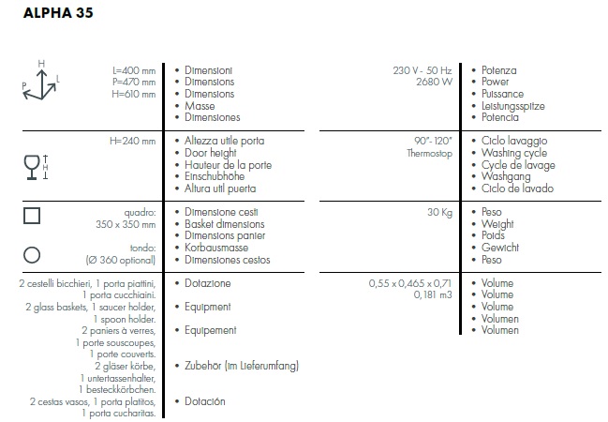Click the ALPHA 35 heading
tap(58, 13)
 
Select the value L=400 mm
tap(134, 70)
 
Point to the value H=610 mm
tap(134, 94)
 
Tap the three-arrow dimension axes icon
tap(40, 81)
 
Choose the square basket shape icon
tap(32, 216)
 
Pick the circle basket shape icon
tap(32, 255)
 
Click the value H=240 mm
tap(133, 141)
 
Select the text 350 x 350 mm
tap(126, 224)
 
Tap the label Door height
tap(211, 153)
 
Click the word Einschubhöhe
tap(215, 176)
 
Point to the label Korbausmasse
tap(216, 248)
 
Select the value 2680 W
tap(435, 82)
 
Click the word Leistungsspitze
tap(513, 106)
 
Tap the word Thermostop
tap(430, 154)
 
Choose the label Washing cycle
tap(514, 153)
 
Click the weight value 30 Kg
tap(439, 212)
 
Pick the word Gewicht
tap(500, 248)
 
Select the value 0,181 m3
tap(433, 295)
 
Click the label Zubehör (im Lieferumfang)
tap(242, 366)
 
